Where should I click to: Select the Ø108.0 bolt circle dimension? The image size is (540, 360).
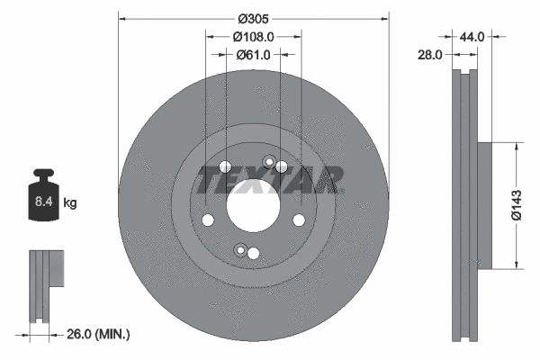tap(253, 37)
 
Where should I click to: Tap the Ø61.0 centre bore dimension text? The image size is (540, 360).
tap(253, 55)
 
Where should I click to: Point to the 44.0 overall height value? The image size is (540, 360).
tap(472, 37)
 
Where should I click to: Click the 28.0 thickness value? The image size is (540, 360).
tap(431, 55)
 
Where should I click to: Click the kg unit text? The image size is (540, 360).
tap(70, 203)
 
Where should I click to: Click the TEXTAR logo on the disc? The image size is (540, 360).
tap(270, 180)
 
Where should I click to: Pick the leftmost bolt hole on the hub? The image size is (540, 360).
tap(208, 220)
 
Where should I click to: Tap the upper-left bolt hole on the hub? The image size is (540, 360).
tap(224, 166)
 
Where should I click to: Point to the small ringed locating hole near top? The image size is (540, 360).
tap(267, 162)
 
